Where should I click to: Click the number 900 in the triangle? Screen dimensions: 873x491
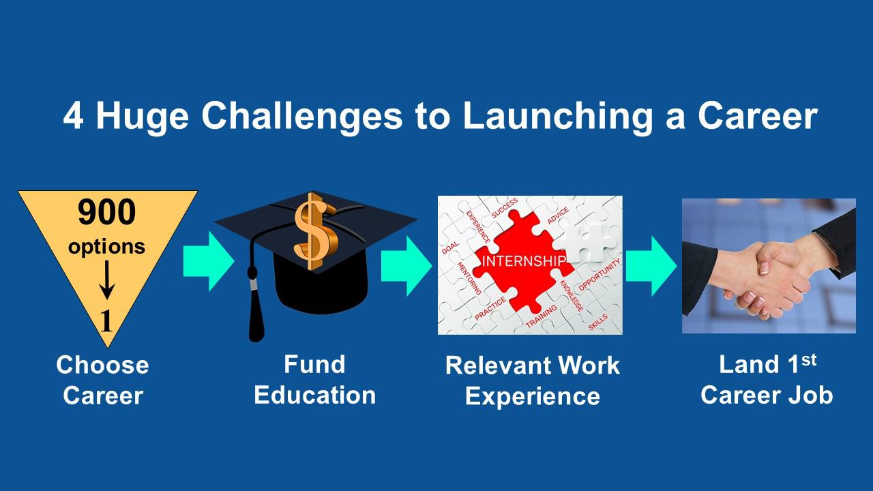click(106, 212)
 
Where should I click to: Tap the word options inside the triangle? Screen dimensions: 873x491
click(106, 247)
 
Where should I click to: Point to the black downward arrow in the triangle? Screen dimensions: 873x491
click(106, 280)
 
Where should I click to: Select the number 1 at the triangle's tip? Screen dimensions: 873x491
click(106, 321)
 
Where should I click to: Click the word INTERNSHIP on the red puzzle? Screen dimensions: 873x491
click(523, 261)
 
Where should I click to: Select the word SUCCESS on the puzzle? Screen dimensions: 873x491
click(504, 208)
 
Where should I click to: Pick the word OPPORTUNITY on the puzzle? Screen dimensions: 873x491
click(600, 275)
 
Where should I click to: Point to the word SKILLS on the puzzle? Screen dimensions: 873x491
click(597, 323)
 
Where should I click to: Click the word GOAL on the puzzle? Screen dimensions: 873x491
click(450, 248)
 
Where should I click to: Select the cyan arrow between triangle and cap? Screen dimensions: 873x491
click(209, 261)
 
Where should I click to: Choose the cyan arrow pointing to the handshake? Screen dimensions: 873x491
click(651, 266)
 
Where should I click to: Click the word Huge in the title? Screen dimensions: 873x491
click(143, 117)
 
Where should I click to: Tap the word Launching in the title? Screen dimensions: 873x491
click(557, 117)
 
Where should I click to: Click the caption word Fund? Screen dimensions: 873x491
click(314, 364)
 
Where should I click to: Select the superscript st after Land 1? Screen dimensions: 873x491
click(809, 361)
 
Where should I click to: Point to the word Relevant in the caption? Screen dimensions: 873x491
click(497, 366)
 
